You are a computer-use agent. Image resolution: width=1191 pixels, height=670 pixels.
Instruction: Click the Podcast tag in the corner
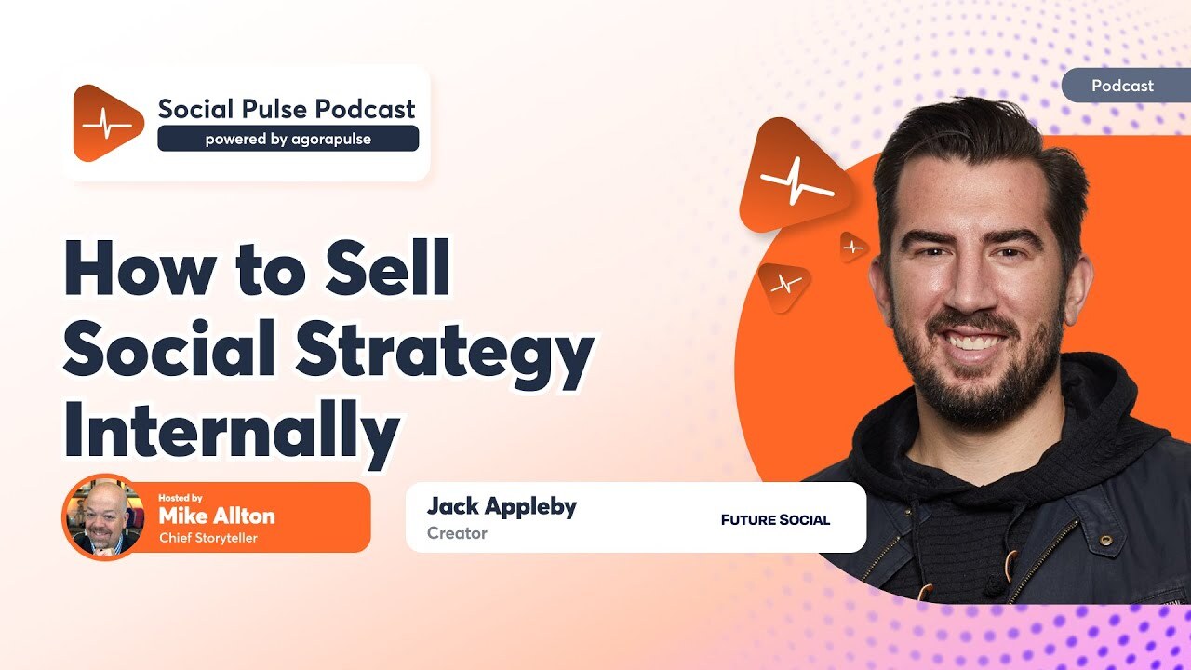1122,86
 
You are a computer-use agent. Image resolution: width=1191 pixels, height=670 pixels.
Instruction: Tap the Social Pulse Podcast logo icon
107,123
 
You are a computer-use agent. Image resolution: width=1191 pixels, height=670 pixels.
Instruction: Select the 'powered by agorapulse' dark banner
288,139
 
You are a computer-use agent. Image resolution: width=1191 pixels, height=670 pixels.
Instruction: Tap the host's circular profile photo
101,516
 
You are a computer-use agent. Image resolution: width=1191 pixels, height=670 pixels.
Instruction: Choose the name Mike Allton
217,516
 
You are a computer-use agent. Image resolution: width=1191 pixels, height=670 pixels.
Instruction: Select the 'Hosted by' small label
180,497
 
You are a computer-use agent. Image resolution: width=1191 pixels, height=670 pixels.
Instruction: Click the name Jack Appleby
502,506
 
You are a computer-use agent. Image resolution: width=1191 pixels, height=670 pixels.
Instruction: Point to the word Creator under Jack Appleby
457,533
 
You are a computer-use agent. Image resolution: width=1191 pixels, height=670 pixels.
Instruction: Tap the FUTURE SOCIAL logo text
775,519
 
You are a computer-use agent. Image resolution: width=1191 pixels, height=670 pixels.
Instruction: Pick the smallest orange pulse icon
852,247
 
